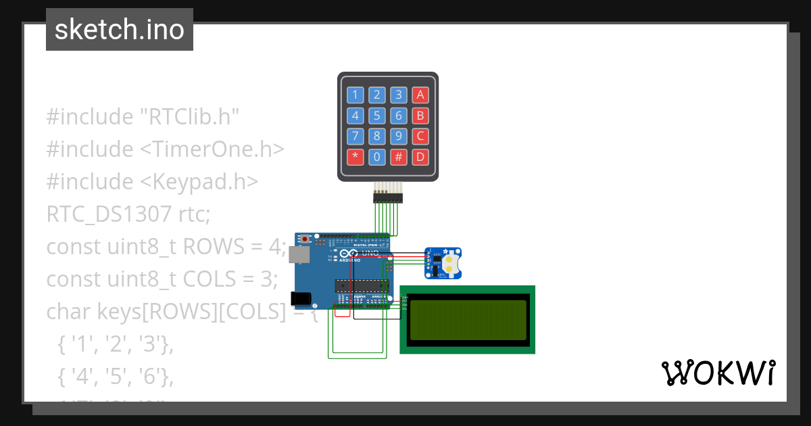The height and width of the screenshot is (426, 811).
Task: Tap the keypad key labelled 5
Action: click(377, 116)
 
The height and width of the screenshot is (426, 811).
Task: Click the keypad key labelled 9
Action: click(399, 137)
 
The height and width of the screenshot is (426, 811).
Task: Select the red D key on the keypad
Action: click(420, 158)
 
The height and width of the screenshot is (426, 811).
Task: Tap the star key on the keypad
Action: click(355, 158)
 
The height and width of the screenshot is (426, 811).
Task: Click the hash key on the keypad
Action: click(399, 158)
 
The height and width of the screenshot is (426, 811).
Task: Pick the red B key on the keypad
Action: click(420, 116)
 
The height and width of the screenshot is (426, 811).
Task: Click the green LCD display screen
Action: click(468, 320)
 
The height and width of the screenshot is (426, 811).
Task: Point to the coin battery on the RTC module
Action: click(451, 263)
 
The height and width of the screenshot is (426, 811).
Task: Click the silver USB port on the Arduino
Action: click(301, 254)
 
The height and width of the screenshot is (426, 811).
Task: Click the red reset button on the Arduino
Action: click(306, 239)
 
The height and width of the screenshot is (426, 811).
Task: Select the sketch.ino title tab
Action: click(120, 30)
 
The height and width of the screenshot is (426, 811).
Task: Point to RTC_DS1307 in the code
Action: click(109, 214)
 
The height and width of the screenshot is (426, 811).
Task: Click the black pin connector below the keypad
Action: click(388, 197)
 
